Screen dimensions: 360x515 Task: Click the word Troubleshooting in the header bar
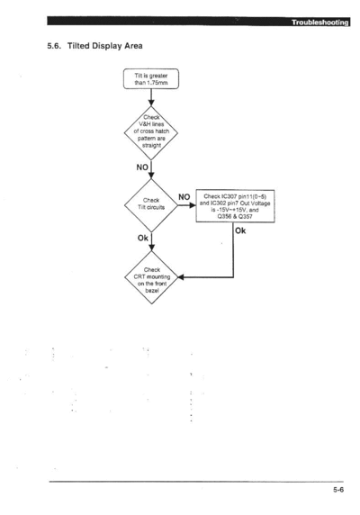[x=320, y=23]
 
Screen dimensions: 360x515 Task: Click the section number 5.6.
[x=54, y=46]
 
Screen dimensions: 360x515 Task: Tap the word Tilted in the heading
[x=78, y=46]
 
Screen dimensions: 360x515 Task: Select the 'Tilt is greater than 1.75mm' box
[x=151, y=79]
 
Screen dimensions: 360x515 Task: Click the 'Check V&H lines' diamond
[x=151, y=132]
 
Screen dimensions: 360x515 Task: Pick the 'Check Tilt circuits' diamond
[x=151, y=205]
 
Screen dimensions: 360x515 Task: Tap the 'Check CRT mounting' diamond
[x=151, y=277]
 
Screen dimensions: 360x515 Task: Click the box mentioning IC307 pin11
[x=235, y=206]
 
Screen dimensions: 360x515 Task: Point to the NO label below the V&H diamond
[x=142, y=167]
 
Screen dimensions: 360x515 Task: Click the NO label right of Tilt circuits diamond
[x=184, y=197]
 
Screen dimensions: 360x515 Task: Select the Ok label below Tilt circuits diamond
[x=143, y=238]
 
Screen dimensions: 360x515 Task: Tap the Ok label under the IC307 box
[x=240, y=230]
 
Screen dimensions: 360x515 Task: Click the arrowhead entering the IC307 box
[x=193, y=205]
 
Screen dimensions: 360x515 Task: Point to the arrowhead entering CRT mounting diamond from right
[x=181, y=277]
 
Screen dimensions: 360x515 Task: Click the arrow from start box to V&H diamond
[x=151, y=97]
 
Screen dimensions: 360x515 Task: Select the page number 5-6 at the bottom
[x=338, y=490]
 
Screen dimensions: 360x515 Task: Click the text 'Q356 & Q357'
[x=235, y=217]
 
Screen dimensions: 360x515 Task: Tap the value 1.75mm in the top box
[x=157, y=83]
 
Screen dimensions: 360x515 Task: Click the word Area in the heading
[x=133, y=46]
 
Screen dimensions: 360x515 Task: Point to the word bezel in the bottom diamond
[x=152, y=291]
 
